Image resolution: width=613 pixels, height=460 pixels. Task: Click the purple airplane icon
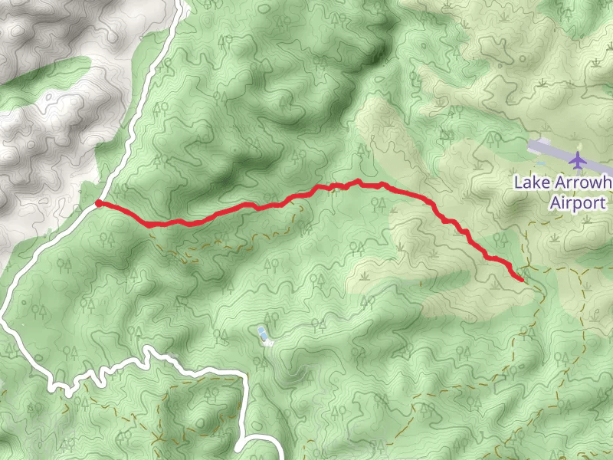tap(577, 161)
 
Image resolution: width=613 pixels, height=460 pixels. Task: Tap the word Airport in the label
tap(579, 203)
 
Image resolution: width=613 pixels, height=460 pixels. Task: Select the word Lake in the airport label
tap(528, 182)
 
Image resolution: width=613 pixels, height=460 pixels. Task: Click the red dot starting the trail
tap(99, 203)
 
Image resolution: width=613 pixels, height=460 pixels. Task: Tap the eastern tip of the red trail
tap(521, 279)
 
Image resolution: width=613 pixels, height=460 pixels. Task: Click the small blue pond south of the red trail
tap(263, 333)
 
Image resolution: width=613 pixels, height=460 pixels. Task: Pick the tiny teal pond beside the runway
tap(541, 163)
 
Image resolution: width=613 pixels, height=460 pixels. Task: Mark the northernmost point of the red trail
tap(357, 181)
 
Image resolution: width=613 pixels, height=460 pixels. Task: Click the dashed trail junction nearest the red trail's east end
tap(528, 269)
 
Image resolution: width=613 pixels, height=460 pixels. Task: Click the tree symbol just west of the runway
tap(491, 140)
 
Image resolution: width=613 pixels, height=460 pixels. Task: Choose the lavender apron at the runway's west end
tap(535, 144)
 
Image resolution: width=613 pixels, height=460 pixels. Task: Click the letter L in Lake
tap(517, 182)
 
